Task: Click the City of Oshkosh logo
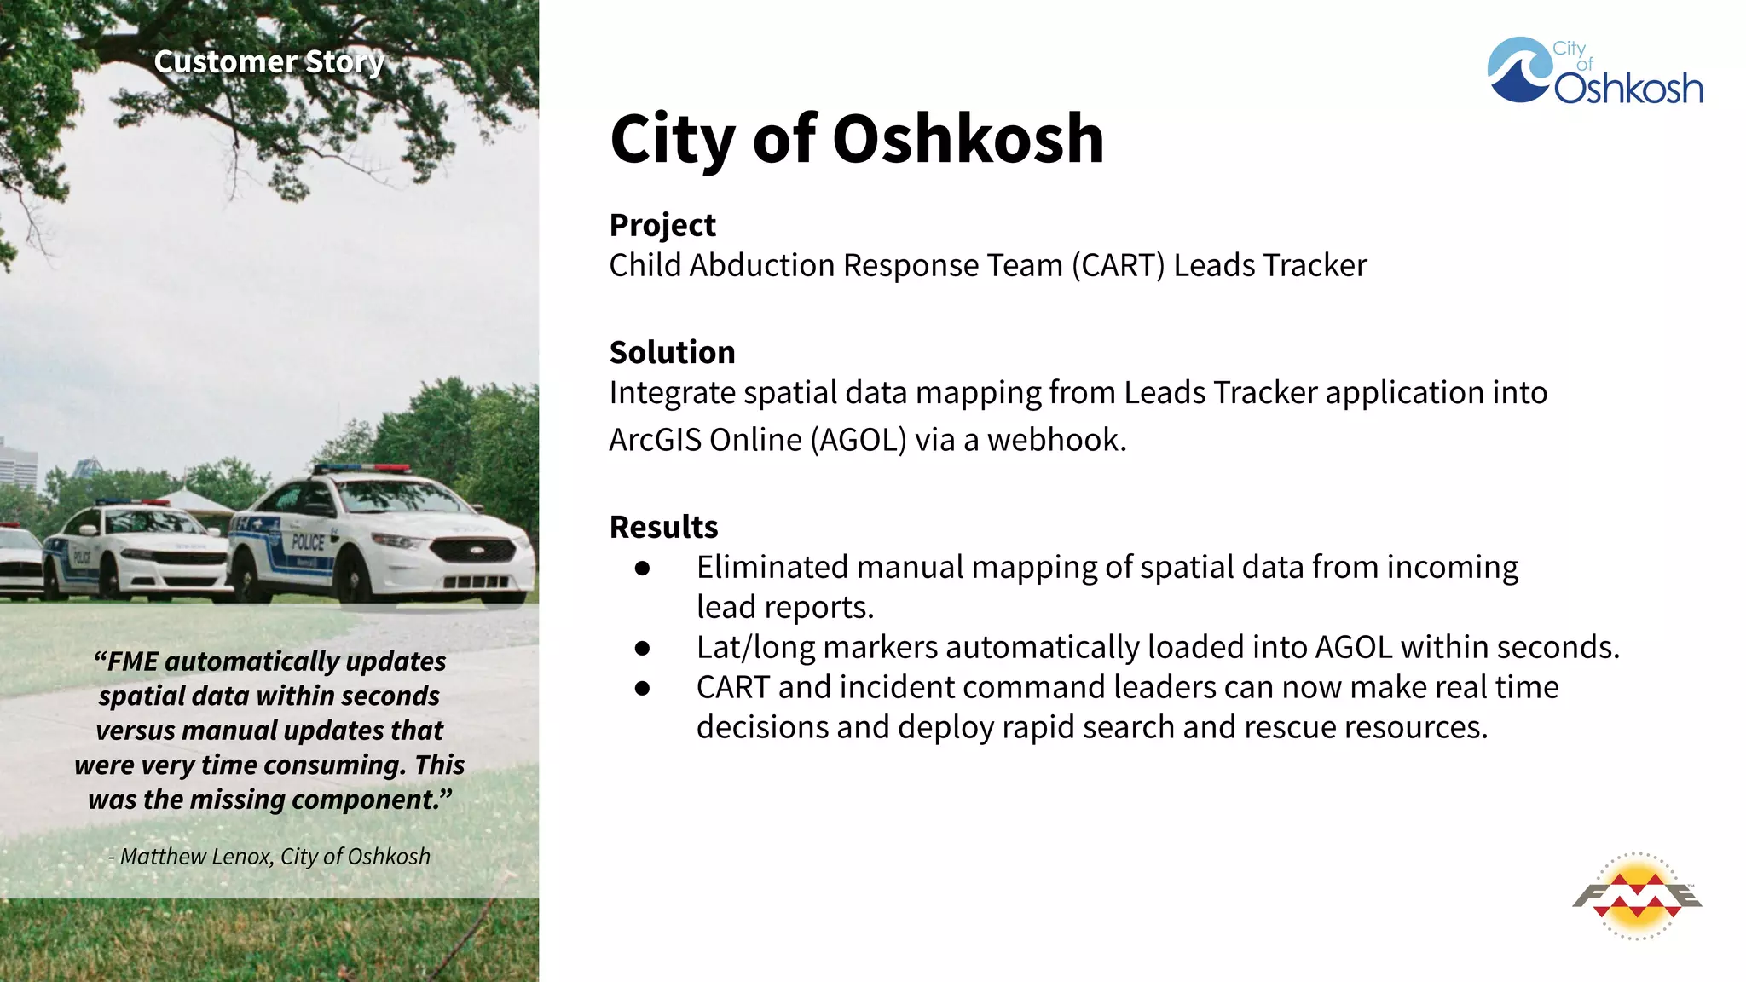[1594, 72]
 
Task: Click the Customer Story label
[269, 62]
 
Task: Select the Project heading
[662, 225]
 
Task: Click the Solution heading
[672, 352]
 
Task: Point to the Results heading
[663, 527]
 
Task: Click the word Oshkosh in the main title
[968, 139]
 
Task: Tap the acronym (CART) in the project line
[1118, 265]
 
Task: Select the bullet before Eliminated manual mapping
[643, 568]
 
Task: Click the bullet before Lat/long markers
[643, 648]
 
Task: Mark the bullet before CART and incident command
[643, 688]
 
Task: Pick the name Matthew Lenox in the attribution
[195, 857]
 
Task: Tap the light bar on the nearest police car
[362, 469]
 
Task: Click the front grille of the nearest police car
[473, 550]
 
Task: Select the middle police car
[136, 550]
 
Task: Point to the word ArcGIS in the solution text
[655, 440]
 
